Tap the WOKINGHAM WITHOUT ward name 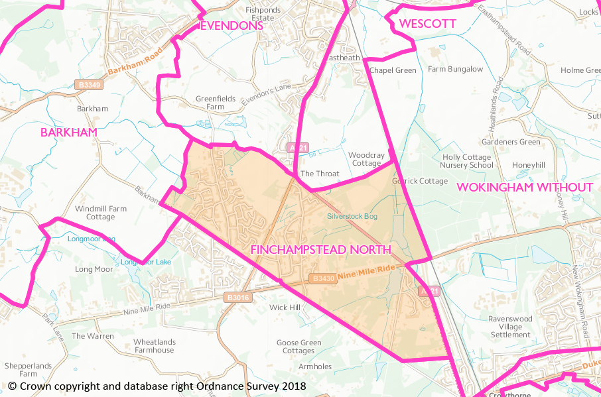point(525,188)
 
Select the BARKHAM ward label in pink point(69,132)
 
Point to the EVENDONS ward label point(232,26)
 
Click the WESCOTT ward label point(428,25)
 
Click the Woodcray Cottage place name point(366,159)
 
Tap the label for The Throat point(320,174)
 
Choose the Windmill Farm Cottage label point(101,213)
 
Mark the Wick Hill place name point(285,308)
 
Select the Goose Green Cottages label point(299,347)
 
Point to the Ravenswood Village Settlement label point(510,327)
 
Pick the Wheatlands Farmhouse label point(155,346)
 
